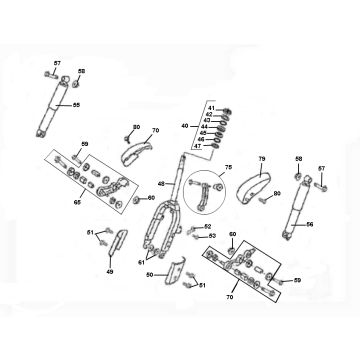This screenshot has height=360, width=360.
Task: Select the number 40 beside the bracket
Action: pyautogui.click(x=184, y=126)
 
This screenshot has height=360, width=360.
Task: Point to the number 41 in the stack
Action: pyautogui.click(x=212, y=104)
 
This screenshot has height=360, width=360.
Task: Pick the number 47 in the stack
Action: pyautogui.click(x=197, y=146)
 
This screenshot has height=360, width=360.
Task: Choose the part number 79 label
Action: pyautogui.click(x=263, y=157)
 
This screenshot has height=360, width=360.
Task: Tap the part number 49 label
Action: pyautogui.click(x=110, y=270)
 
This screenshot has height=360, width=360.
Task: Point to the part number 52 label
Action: pyautogui.click(x=208, y=226)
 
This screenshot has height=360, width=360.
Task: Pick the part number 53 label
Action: pyautogui.click(x=211, y=236)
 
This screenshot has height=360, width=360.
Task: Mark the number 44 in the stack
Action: pyautogui.click(x=204, y=125)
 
